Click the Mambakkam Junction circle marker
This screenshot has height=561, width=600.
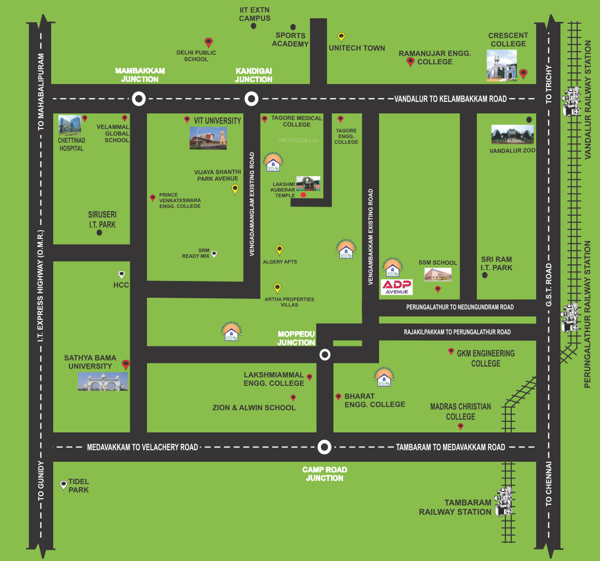tap(139, 99)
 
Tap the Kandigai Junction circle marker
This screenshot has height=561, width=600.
tap(251, 99)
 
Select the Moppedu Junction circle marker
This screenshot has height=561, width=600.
tap(325, 354)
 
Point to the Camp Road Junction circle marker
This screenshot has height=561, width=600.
tap(324, 447)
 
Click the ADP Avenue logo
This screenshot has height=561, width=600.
tap(397, 287)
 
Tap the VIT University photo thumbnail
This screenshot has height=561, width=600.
tap(208, 138)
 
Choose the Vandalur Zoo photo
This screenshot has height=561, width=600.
tap(512, 135)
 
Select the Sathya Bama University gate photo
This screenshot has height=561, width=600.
tap(103, 382)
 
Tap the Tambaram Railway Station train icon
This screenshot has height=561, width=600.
tap(504, 502)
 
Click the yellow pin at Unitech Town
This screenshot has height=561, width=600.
tap(341, 37)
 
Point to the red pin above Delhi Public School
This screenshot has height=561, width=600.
tap(208, 42)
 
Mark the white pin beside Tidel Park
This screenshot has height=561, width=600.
tap(63, 485)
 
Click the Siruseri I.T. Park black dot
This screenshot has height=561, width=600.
tap(99, 233)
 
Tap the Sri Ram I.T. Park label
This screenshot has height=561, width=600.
tap(496, 263)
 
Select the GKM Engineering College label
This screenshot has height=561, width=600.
tap(485, 358)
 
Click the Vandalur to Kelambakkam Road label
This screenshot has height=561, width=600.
tap(451, 99)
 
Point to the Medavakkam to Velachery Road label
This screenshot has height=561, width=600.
tap(142, 447)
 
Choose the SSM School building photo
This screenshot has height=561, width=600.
tap(438, 274)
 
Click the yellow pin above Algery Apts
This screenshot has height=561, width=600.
tap(279, 249)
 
